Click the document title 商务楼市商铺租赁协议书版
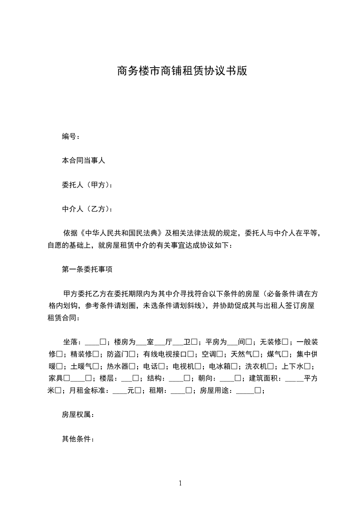click(x=182, y=71)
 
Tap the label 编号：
click(x=71, y=136)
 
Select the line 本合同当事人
click(x=84, y=160)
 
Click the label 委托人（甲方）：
click(x=87, y=185)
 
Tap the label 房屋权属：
click(x=78, y=414)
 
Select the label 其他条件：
click(x=78, y=439)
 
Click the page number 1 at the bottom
click(x=180, y=483)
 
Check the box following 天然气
click(x=256, y=354)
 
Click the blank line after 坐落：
click(x=92, y=342)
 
